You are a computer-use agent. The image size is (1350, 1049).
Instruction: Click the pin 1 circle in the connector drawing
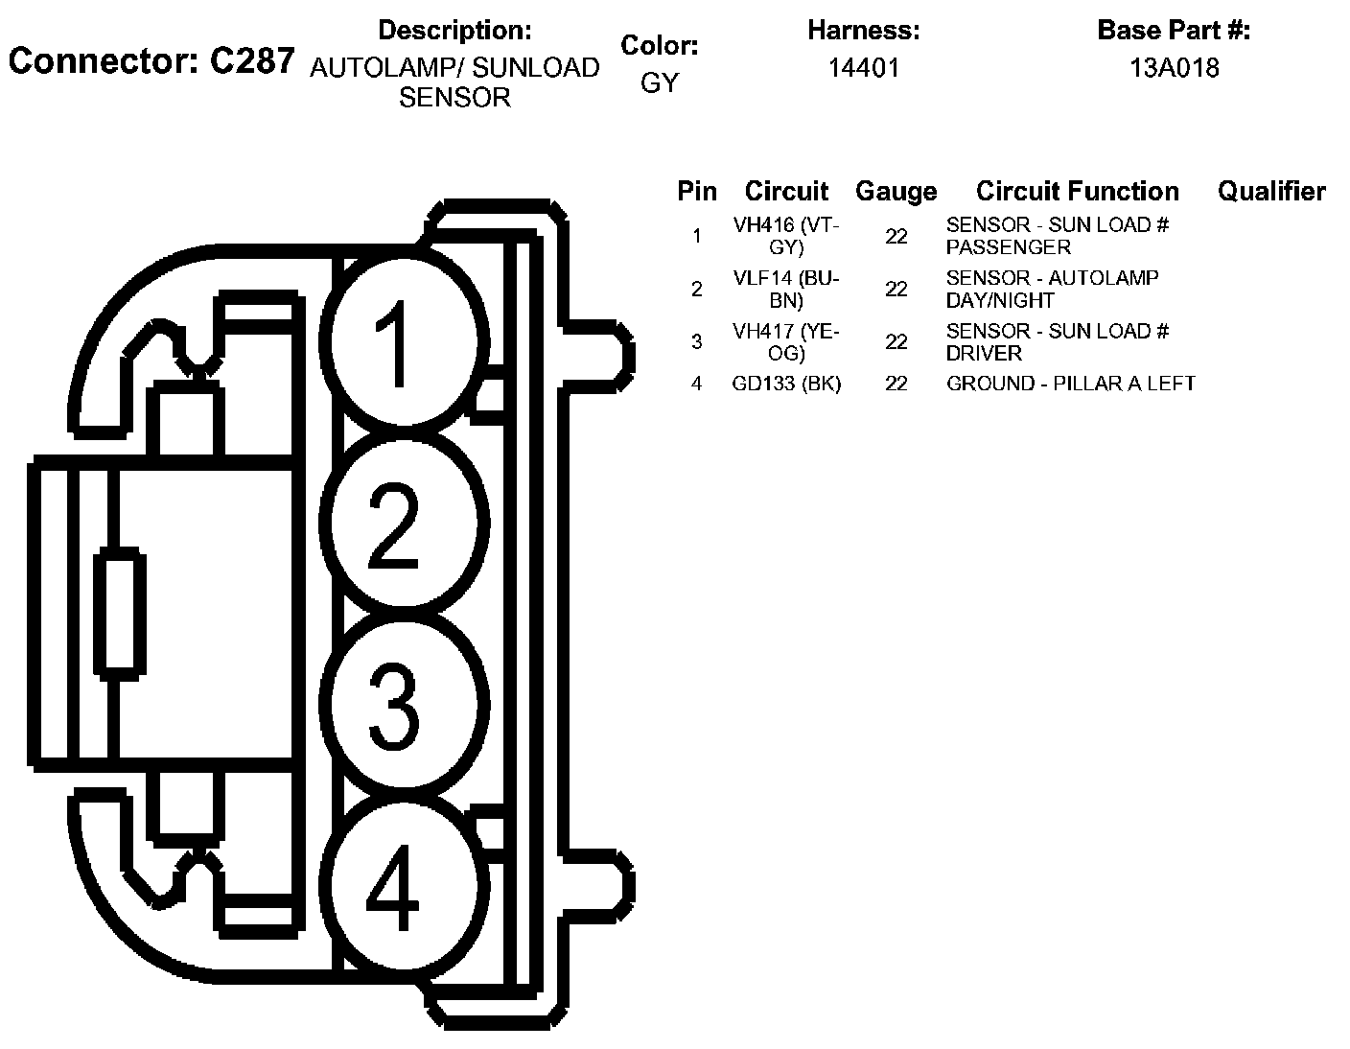tap(404, 343)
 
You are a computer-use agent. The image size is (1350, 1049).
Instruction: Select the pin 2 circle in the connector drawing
tap(404, 524)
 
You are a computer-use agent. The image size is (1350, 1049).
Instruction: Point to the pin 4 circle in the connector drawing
tap(404, 889)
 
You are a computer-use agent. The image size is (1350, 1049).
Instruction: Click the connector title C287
tap(151, 61)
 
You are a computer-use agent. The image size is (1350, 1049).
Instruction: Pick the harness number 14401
tap(863, 68)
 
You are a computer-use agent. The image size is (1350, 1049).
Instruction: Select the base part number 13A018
tap(1174, 68)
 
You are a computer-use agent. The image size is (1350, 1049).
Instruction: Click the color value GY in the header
tap(659, 82)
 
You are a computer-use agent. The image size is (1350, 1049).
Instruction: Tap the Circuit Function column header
tap(1077, 191)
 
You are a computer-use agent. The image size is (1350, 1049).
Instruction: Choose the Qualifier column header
tap(1271, 191)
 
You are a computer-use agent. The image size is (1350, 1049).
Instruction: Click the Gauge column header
tap(896, 191)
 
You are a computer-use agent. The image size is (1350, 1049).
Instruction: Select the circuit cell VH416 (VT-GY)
tap(786, 236)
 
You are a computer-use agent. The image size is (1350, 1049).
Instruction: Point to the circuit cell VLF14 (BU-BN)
tap(786, 289)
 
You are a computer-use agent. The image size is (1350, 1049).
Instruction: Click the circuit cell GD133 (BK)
tap(786, 384)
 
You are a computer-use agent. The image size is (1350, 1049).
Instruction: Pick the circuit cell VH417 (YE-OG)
tap(786, 341)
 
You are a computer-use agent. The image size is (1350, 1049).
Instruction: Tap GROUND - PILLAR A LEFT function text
tap(1070, 384)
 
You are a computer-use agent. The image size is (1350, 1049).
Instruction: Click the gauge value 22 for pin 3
tap(896, 341)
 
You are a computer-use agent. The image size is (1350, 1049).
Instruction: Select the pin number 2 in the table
tap(696, 289)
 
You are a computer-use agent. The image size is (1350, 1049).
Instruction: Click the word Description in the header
tap(454, 31)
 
